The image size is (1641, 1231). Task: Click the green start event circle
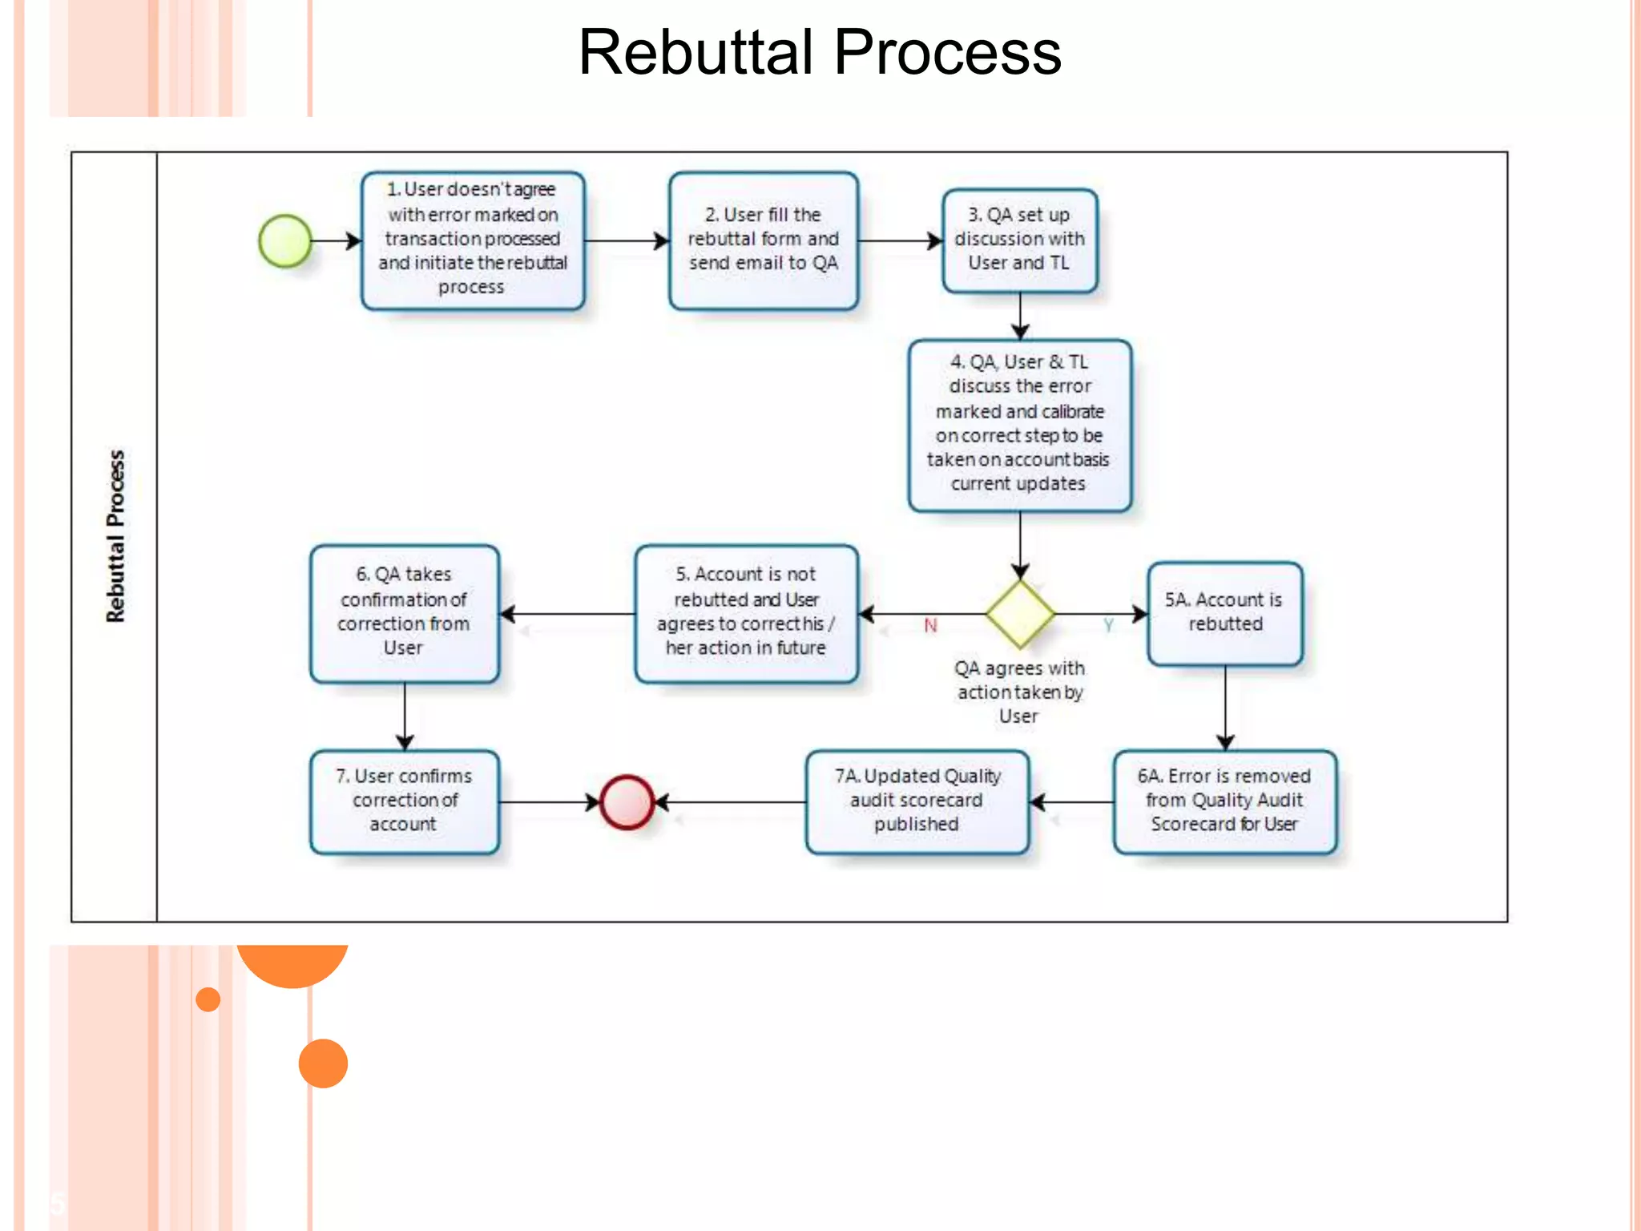(285, 240)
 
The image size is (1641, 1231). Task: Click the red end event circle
(627, 801)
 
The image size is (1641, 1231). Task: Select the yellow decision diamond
(1019, 614)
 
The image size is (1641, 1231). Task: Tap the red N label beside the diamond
(930, 625)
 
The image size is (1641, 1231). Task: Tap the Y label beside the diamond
(1108, 625)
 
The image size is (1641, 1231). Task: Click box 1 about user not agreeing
(473, 240)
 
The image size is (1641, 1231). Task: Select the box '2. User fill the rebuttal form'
(763, 240)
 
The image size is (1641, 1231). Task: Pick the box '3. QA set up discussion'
(1019, 240)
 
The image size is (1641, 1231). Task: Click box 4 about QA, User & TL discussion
(1019, 424)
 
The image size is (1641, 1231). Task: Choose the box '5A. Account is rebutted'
(1224, 612)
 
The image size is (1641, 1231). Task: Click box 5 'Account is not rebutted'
(746, 612)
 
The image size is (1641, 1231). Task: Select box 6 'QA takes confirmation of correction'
(404, 612)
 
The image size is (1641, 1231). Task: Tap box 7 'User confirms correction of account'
(404, 801)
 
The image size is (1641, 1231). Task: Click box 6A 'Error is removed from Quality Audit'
(1224, 801)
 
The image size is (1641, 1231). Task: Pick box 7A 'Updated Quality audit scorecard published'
(917, 801)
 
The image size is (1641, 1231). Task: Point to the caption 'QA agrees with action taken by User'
(1019, 692)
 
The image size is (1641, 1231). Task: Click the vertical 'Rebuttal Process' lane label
(115, 535)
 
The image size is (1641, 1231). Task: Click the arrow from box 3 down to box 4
(1019, 316)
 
